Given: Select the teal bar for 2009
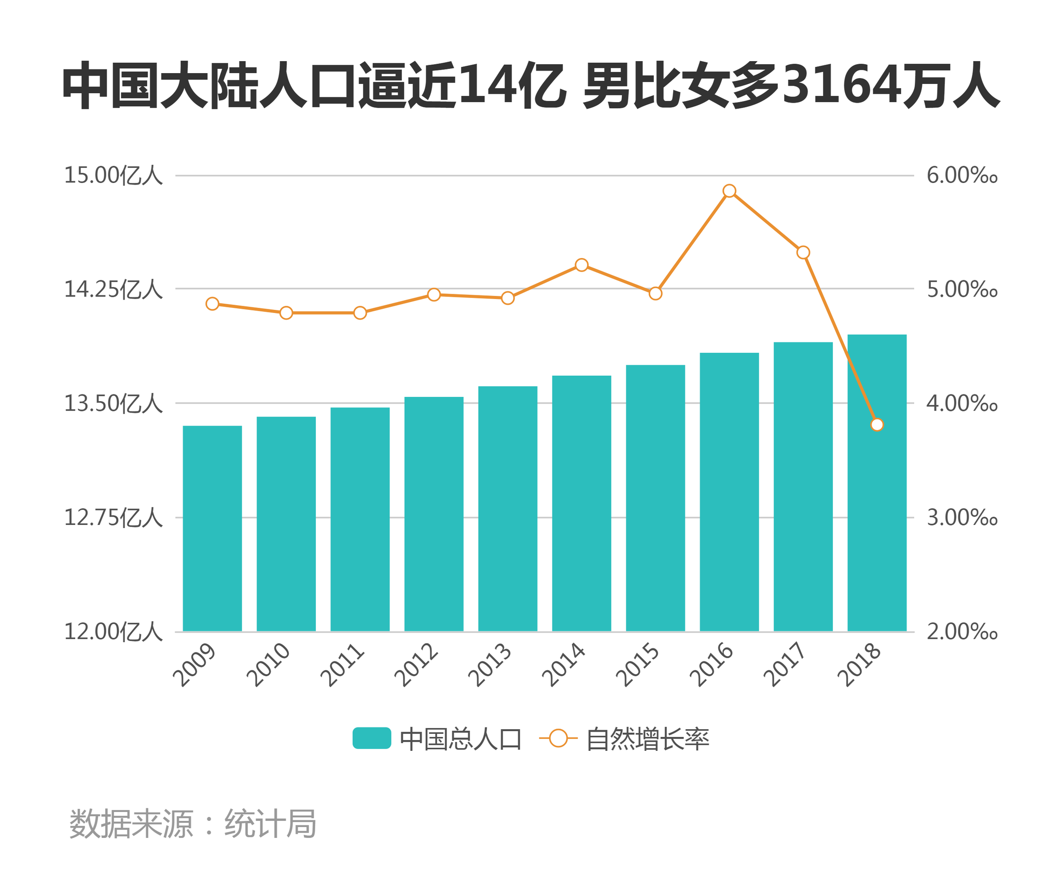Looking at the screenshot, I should point(212,529).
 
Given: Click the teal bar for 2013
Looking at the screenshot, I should point(508,509).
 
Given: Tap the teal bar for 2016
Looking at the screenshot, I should point(729,492).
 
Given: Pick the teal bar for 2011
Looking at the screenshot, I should point(360,519).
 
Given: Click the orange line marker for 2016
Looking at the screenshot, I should point(729,191).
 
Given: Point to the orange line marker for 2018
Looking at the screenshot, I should point(877,425).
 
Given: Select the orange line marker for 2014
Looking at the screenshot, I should point(582,265).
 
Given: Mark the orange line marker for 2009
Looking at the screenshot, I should point(212,304).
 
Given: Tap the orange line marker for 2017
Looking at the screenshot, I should point(803,253).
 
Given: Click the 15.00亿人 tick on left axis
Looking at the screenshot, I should point(113,176).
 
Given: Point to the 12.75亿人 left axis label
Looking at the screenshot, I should point(113,518).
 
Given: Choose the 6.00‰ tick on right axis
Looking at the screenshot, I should point(962,176).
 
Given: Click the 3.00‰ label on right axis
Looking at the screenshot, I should point(962,518).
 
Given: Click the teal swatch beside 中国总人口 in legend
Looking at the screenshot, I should point(371,738).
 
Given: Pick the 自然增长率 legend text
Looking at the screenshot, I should point(647,739).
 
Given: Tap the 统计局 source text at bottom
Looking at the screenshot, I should point(270,823).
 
